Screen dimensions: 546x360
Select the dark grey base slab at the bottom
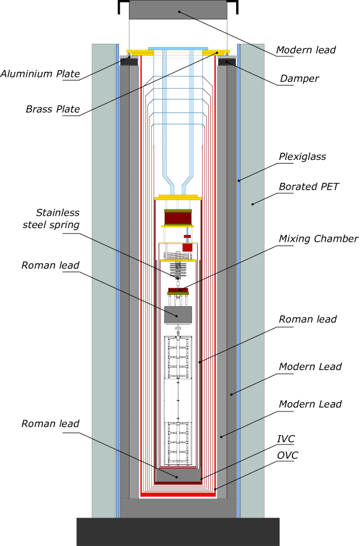(178, 532)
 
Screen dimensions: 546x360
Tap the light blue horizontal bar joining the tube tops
(178, 48)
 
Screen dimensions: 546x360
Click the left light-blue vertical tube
(164, 112)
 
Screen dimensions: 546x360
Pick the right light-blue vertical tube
(191, 112)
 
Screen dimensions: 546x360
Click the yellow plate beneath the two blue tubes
(178, 198)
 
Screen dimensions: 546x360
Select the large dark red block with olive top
(178, 218)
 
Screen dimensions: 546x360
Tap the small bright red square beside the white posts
(187, 247)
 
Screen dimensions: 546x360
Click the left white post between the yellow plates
(166, 251)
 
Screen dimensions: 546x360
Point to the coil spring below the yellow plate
(178, 271)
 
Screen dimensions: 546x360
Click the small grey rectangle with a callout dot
(178, 314)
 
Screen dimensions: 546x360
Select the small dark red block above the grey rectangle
(178, 289)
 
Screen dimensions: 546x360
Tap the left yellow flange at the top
(139, 52)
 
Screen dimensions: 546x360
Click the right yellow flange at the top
(216, 52)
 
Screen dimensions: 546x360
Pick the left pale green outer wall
(103, 279)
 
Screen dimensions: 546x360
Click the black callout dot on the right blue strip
(239, 180)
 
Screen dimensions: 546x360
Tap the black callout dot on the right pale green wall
(252, 204)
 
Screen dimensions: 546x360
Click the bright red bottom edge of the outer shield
(178, 495)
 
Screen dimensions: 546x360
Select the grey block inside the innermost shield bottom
(178, 475)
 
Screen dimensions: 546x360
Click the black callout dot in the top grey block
(179, 12)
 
